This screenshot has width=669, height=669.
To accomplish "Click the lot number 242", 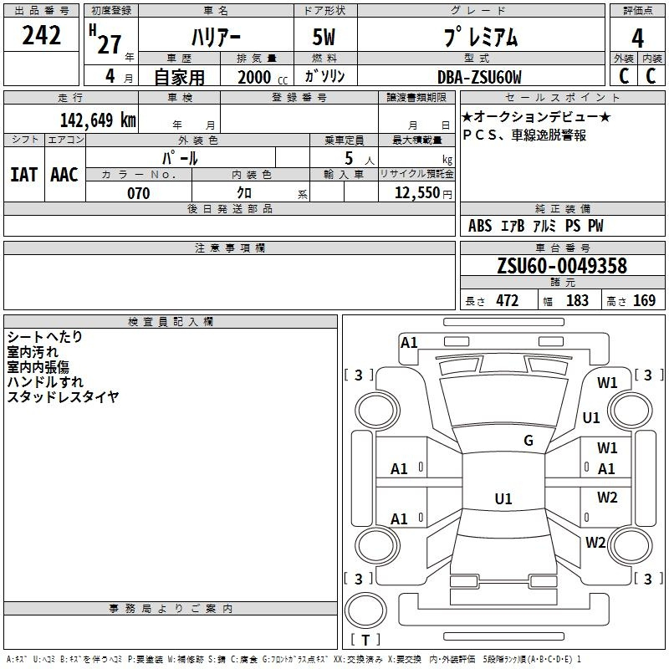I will (42, 36).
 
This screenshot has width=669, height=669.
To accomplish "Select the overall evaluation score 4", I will (637, 38).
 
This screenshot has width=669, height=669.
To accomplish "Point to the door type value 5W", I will (324, 38).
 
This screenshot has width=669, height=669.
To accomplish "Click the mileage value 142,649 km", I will (98, 120).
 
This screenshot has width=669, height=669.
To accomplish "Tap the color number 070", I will (138, 193).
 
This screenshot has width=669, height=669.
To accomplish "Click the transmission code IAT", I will (23, 175).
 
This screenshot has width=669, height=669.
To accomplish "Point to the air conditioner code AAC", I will (64, 175).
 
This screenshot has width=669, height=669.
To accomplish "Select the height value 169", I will (644, 301).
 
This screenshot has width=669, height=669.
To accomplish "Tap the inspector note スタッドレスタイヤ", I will (63, 397).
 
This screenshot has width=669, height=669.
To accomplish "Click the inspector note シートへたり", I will (45, 337).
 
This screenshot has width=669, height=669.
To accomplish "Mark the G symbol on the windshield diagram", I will (529, 441).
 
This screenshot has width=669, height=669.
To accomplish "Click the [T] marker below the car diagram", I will (365, 641).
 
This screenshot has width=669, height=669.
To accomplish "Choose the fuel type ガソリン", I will (324, 77).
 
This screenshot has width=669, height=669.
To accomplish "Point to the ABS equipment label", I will (480, 226).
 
